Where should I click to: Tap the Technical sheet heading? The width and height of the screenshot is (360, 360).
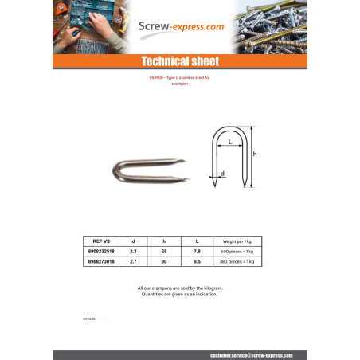[x=179, y=62]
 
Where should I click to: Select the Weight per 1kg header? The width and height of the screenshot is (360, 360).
[x=237, y=241]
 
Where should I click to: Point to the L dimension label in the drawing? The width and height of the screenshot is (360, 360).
[x=229, y=142]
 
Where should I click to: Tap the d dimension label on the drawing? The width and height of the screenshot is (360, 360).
[x=222, y=173]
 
